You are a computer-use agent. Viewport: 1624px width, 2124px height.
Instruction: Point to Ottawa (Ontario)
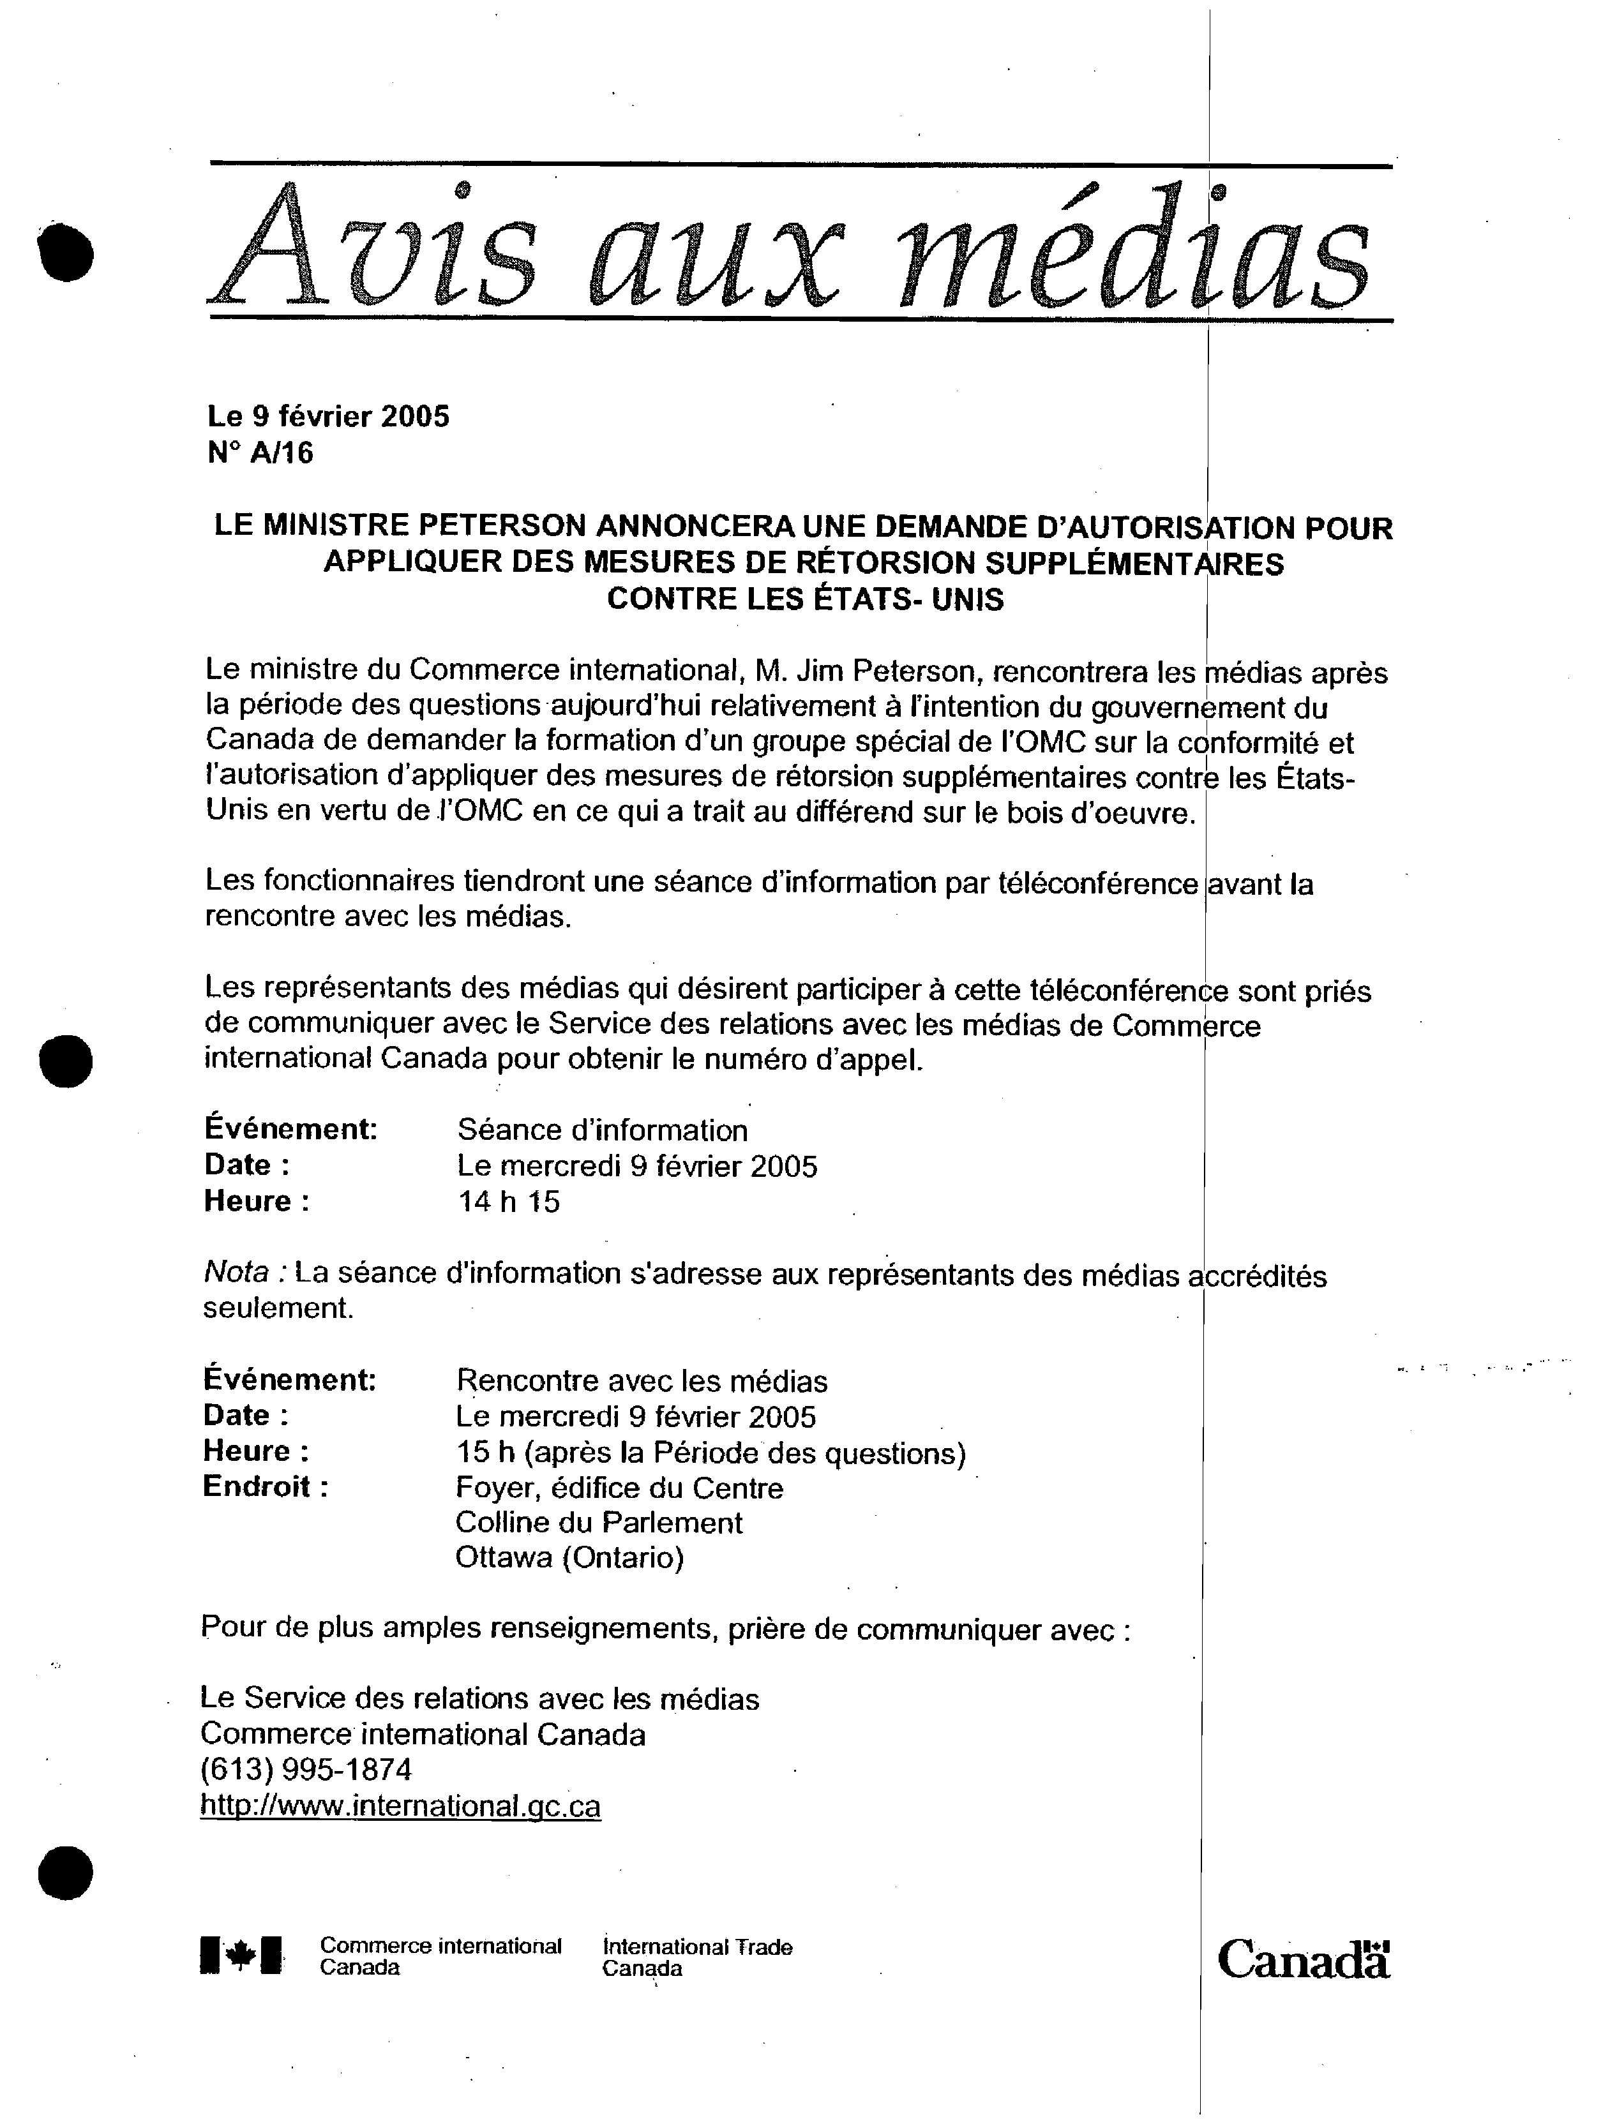coord(569,1558)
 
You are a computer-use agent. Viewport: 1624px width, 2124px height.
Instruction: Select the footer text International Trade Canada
coord(697,1957)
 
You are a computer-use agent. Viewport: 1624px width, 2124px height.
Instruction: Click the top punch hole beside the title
coord(66,253)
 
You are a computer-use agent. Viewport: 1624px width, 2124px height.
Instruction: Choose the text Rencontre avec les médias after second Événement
coord(641,1381)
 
